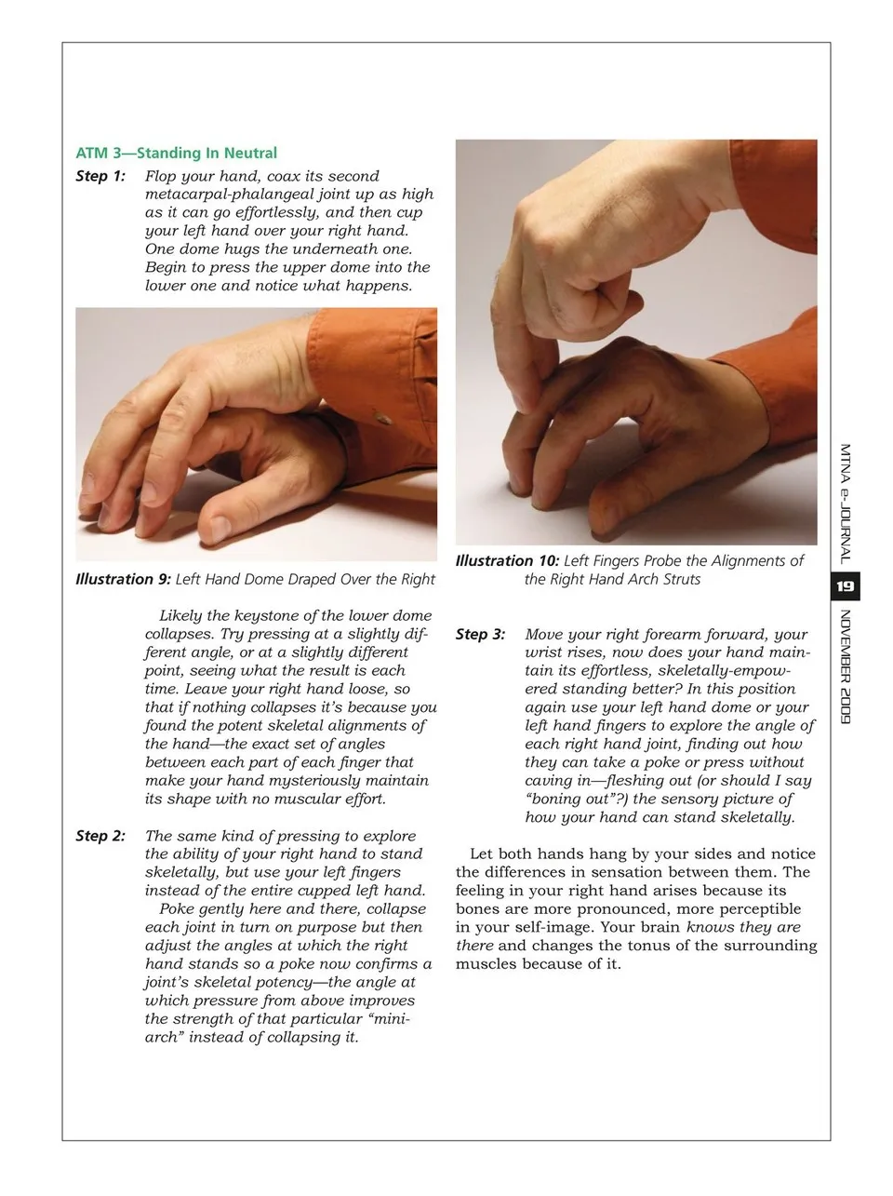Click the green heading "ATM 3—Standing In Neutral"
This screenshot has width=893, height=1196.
click(x=176, y=154)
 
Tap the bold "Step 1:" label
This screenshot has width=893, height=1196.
click(x=100, y=176)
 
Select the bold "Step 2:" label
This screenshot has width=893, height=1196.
click(x=100, y=836)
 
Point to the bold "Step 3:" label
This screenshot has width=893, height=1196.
click(x=480, y=635)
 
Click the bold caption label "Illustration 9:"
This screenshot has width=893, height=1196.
click(x=123, y=579)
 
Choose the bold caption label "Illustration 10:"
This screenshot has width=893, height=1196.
click(x=507, y=560)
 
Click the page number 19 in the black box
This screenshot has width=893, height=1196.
click(x=846, y=586)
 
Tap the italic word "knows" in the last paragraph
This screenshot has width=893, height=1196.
click(x=710, y=927)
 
